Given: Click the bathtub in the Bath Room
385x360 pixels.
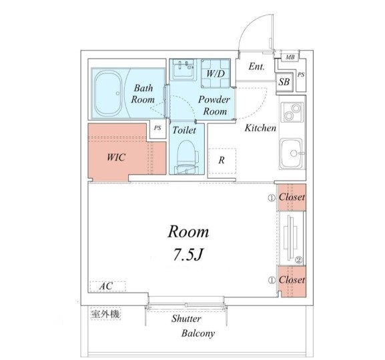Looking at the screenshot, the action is [108, 93].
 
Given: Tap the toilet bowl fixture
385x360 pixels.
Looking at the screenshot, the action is [187, 156].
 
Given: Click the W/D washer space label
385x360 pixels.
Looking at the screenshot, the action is [216, 73].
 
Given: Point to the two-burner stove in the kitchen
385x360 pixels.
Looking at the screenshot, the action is [292, 112].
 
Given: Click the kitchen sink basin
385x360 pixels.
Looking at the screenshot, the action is [292, 153].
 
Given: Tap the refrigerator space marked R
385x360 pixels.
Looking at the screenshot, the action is [222, 161].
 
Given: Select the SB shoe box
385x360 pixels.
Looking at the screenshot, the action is [284, 82].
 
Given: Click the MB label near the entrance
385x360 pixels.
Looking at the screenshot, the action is [290, 57].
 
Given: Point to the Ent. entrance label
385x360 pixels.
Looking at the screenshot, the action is [257, 66].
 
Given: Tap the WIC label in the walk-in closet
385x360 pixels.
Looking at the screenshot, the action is [116, 157].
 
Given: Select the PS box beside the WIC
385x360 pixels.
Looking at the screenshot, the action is [157, 128].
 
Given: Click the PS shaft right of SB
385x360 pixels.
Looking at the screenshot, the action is [301, 75].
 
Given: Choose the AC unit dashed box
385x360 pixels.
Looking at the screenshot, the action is [108, 286].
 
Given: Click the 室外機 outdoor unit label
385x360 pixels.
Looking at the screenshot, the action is [105, 314].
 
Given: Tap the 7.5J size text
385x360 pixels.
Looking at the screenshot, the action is [188, 254].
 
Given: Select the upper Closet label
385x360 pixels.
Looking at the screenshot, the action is [292, 197].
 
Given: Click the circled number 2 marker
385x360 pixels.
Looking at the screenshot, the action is [299, 259].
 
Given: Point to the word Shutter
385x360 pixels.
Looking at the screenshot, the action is [186, 319].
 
